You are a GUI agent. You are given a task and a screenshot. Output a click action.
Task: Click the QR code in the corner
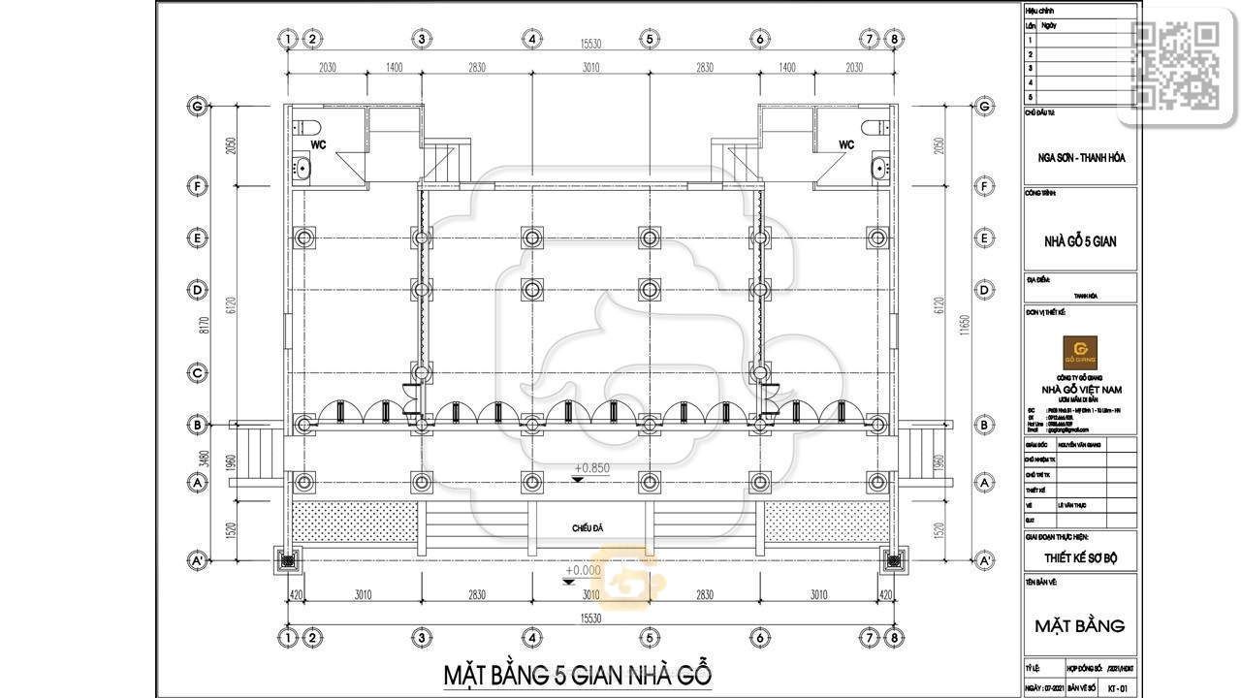[x=1176, y=64]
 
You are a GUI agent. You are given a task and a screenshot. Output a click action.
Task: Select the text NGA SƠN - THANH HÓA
[x=1080, y=157]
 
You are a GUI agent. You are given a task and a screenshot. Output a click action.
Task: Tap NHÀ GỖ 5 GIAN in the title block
[x=1080, y=241]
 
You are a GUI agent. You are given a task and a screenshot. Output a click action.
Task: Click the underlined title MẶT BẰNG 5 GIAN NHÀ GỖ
[x=578, y=673]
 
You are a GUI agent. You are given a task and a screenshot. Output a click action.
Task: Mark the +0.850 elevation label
[x=590, y=467]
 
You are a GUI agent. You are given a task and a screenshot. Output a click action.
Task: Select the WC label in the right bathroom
[x=846, y=144]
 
